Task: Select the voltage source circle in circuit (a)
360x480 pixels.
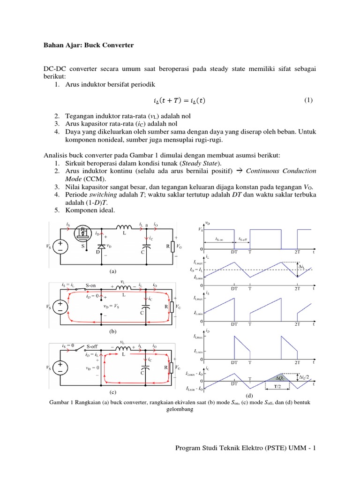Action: point(61,247)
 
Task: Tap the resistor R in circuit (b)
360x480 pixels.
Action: point(172,307)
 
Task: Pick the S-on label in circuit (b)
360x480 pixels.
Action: point(94,285)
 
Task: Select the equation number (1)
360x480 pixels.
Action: point(308,100)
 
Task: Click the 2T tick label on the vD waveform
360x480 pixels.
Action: point(297,251)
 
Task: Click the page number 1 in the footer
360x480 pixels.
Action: point(315,448)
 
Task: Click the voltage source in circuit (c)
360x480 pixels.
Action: point(61,368)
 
